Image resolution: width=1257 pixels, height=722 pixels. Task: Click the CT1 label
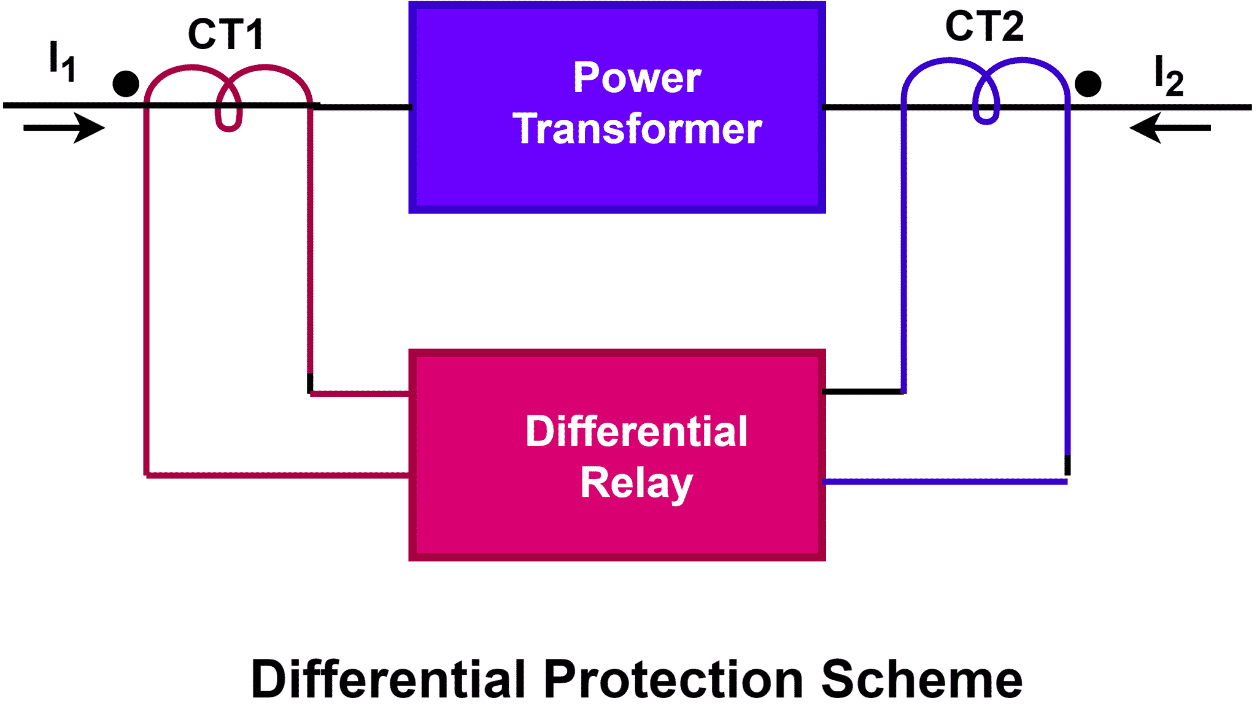(226, 34)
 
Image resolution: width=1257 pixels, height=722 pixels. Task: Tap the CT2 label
(984, 26)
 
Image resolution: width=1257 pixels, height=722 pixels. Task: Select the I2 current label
(1167, 76)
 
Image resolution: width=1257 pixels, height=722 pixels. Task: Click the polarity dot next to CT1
(126, 84)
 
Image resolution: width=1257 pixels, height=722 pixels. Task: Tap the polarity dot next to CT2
(1088, 84)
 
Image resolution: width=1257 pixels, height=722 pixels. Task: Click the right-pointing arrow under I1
(64, 128)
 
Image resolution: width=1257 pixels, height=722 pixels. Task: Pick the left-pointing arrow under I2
(1169, 128)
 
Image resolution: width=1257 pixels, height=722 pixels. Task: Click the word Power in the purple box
(636, 78)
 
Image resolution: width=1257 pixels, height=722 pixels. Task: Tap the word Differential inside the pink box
(636, 431)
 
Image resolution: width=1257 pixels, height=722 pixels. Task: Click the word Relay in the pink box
(636, 483)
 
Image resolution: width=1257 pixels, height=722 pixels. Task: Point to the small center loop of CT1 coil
(228, 113)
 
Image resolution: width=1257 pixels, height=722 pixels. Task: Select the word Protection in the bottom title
(673, 680)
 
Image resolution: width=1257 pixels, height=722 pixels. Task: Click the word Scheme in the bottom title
(921, 680)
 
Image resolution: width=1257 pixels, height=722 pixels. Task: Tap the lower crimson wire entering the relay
(276, 475)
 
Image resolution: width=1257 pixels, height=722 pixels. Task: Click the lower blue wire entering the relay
(945, 482)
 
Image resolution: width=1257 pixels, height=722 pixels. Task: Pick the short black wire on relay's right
(862, 391)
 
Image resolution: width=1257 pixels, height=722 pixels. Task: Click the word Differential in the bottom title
(389, 680)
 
